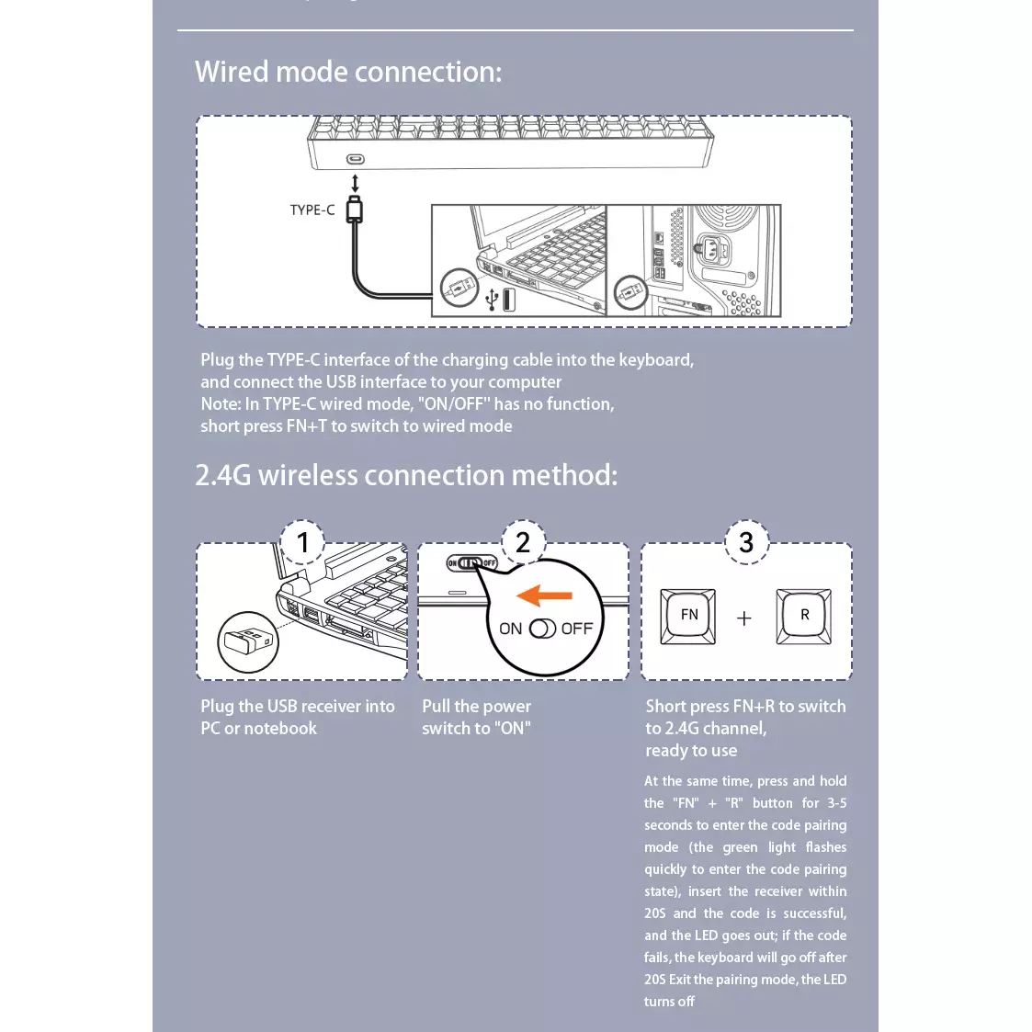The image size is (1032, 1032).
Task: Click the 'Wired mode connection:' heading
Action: [348, 72]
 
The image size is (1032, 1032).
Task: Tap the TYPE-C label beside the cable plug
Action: [312, 210]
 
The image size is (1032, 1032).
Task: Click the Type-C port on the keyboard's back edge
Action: [356, 160]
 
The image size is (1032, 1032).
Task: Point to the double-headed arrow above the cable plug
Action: [356, 183]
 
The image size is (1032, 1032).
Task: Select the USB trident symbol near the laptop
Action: [493, 300]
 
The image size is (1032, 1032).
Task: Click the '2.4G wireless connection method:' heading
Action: [406, 475]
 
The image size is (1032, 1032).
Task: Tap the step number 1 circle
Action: [303, 542]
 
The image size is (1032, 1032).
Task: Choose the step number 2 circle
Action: [523, 542]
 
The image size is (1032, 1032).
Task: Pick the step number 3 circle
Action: [746, 542]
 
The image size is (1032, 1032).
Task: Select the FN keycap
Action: [689, 615]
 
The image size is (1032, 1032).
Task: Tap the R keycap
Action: [804, 615]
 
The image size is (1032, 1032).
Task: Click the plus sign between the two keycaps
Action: [744, 618]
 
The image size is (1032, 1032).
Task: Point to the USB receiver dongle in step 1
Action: [249, 641]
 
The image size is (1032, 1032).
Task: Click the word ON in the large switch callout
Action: [511, 629]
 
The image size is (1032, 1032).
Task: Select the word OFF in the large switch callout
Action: [577, 629]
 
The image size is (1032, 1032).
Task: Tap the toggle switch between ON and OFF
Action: [543, 629]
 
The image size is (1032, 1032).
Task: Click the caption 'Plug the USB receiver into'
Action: [298, 707]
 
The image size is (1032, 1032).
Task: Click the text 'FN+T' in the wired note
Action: [306, 426]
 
